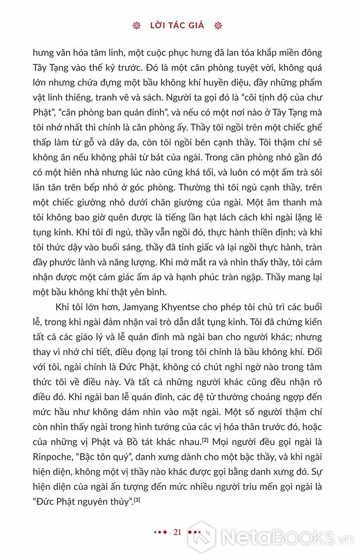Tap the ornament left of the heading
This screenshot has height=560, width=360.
tap(137, 25)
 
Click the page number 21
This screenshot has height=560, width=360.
tap(178, 532)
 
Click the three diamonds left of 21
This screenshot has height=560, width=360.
tap(160, 533)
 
